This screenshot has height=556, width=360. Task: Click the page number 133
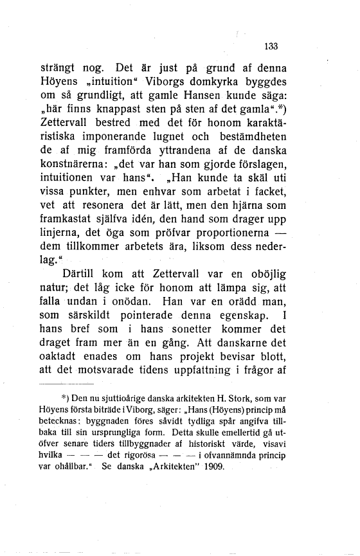click(270, 46)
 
